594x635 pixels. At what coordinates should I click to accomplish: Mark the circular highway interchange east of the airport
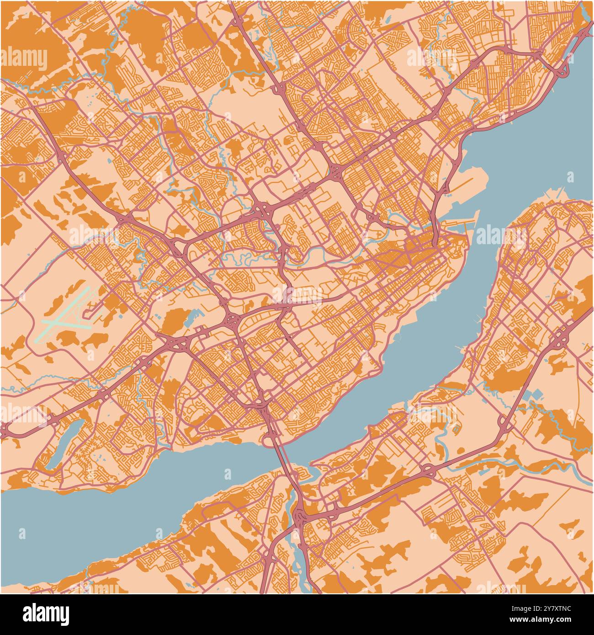pyautogui.click(x=232, y=321)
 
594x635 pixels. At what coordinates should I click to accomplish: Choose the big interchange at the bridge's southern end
pyautogui.click(x=302, y=517)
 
